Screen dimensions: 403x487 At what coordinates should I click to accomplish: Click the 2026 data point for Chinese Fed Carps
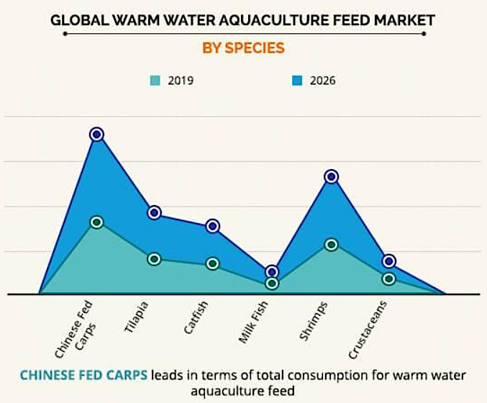97,135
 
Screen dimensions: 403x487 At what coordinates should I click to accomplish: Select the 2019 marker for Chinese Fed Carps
97,222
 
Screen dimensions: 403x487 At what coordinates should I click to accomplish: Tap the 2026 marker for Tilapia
155,212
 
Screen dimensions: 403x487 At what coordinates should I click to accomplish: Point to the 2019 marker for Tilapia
155,259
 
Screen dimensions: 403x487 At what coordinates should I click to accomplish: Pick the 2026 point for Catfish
213,226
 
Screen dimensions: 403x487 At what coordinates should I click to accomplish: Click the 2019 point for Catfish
213,263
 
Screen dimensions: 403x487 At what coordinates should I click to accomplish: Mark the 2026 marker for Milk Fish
271,272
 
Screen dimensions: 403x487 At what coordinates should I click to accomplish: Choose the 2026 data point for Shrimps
331,176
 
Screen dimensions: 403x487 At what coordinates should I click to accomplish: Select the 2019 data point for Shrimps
331,245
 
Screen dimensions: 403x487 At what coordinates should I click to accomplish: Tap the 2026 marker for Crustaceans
389,261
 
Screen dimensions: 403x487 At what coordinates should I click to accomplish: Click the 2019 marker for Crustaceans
389,279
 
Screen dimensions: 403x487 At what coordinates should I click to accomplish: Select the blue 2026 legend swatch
297,81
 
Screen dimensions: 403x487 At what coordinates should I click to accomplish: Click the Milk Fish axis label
252,323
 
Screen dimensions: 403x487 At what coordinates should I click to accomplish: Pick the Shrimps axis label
314,321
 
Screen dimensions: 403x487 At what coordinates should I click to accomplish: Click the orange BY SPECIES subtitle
242,48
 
